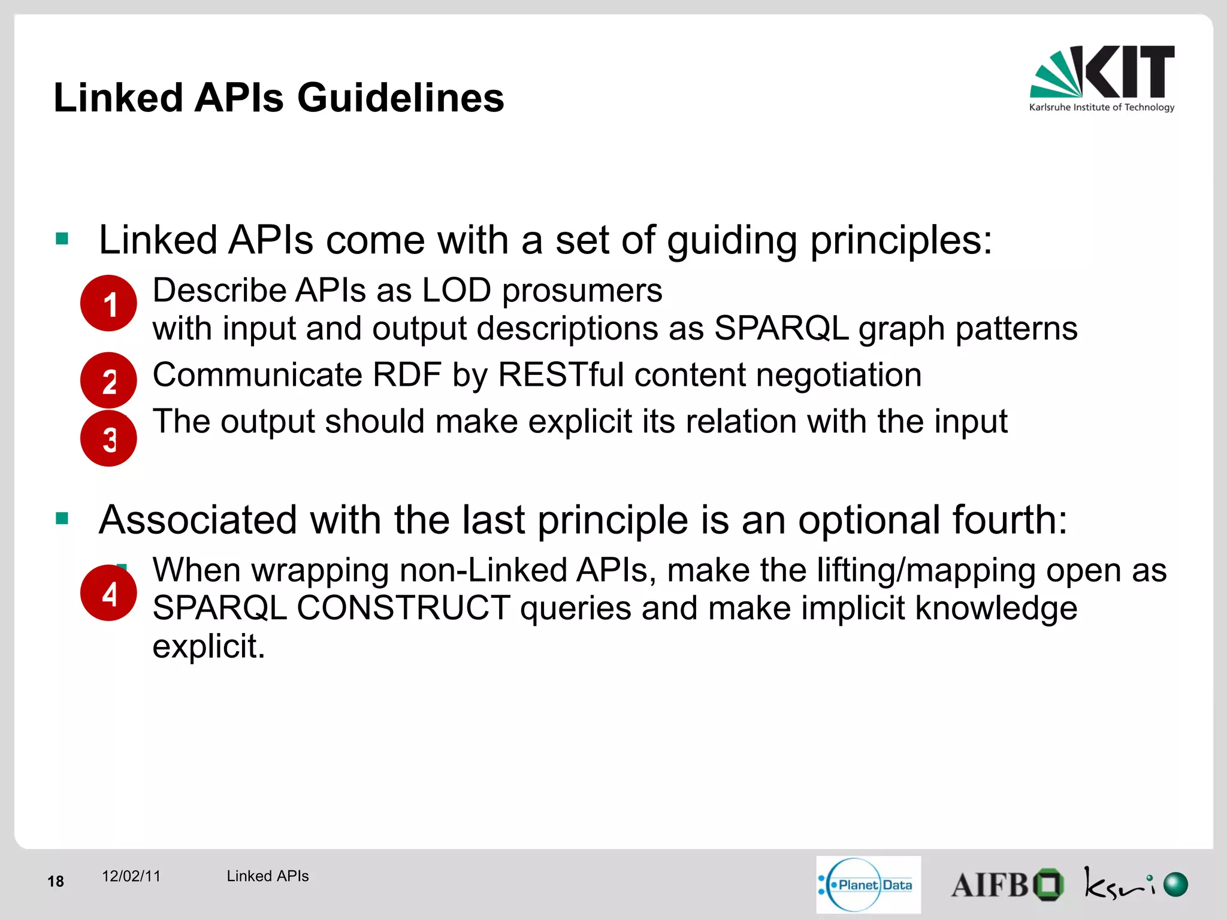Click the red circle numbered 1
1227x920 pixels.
(x=108, y=303)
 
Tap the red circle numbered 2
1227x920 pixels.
(x=108, y=380)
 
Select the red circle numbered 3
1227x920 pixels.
(x=108, y=438)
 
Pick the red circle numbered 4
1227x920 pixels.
(x=108, y=593)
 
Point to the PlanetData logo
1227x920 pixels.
(x=868, y=885)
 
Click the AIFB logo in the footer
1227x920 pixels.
(x=1007, y=885)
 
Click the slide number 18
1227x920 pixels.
(x=56, y=881)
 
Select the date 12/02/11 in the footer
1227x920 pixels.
(x=131, y=876)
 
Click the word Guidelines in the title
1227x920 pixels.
(x=401, y=98)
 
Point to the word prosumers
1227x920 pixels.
(x=582, y=291)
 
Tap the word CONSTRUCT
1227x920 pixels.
(x=403, y=609)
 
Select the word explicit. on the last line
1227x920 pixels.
(x=208, y=647)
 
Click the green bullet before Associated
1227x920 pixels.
(x=62, y=518)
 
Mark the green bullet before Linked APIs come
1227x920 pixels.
(x=62, y=239)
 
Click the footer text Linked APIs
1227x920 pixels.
(x=267, y=876)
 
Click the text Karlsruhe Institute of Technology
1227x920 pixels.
(x=1102, y=107)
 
